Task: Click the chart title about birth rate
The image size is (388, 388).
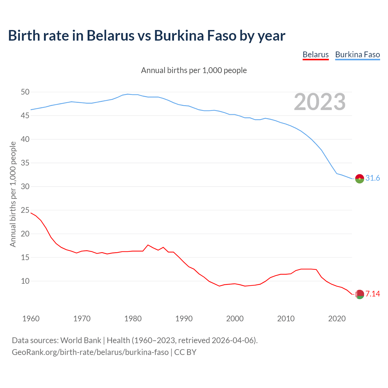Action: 147,35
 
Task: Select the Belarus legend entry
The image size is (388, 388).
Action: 316,55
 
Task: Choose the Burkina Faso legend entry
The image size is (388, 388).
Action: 357,55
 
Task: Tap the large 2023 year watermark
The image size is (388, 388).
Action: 320,102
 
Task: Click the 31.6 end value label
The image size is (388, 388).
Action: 373,178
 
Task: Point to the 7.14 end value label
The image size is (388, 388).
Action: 373,294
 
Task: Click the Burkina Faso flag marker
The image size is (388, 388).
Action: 360,179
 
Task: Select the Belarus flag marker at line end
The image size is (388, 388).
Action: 360,294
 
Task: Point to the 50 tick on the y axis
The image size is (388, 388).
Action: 25,92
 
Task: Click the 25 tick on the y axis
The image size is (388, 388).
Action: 25,210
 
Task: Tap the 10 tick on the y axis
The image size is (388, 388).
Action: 25,281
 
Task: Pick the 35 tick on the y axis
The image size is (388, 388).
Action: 25,163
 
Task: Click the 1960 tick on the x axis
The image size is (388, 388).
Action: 31,319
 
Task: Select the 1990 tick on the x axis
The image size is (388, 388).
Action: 184,319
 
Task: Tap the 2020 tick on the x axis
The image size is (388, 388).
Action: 337,319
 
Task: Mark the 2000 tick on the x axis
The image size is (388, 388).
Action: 235,319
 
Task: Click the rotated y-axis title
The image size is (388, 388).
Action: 13,194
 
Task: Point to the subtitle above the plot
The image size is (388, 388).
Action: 194,70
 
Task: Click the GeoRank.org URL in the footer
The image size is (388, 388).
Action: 90,352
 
